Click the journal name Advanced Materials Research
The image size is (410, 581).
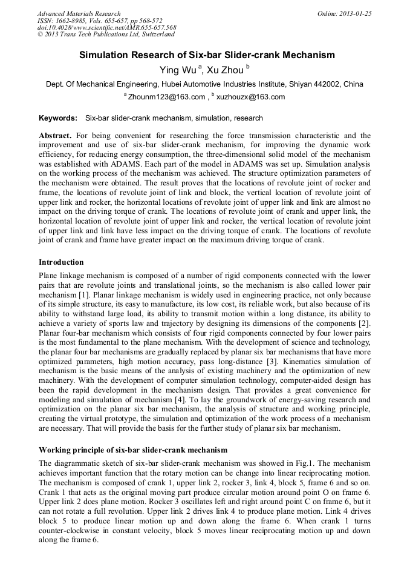point(79,13)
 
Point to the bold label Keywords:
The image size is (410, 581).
point(58,118)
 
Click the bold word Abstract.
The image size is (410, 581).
point(56,136)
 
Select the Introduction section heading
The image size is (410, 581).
point(61,262)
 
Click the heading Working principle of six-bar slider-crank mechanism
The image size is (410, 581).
point(133,450)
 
